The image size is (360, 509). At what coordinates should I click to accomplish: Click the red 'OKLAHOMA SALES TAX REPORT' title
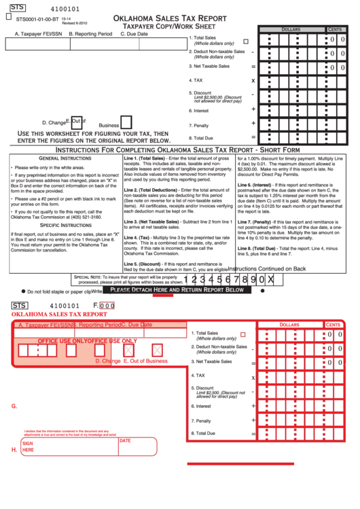[x=59, y=315]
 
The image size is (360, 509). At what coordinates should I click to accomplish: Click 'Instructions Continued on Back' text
[x=266, y=268]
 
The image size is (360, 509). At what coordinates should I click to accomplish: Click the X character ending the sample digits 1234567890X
[x=271, y=279]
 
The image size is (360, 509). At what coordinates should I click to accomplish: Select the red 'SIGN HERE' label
[x=29, y=446]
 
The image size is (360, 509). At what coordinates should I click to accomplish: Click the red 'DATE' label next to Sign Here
[x=125, y=440]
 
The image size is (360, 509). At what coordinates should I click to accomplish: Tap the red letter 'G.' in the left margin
[x=14, y=406]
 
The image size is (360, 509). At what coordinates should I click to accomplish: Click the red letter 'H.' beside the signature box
[x=14, y=449]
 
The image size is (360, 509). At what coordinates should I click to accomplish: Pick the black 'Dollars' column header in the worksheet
[x=290, y=30]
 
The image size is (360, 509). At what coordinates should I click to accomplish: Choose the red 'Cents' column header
[x=334, y=325]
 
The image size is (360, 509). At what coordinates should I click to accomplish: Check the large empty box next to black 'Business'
[x=126, y=122]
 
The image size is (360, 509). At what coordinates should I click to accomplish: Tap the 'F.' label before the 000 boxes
[x=95, y=306]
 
